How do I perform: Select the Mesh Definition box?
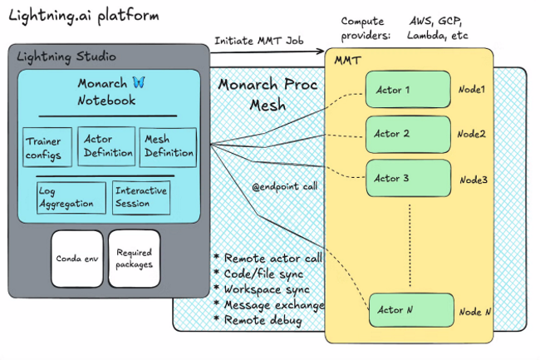coord(168,147)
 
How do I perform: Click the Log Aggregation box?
coord(71,196)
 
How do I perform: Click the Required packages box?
coord(133,256)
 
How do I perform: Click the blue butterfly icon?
coord(139,83)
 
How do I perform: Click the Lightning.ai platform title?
coord(73,16)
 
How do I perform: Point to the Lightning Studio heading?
coord(68,57)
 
